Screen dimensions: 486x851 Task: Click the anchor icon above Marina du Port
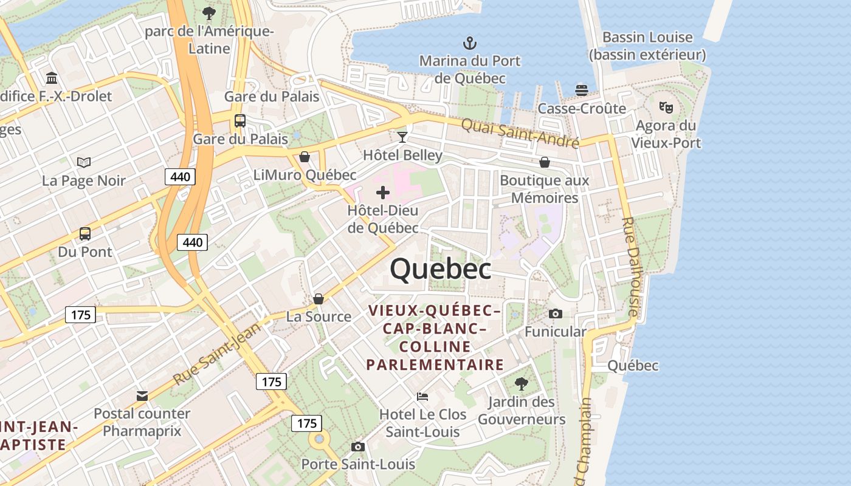click(469, 43)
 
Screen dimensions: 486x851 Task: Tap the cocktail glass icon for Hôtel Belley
click(402, 137)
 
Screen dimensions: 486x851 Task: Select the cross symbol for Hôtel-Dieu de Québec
click(383, 193)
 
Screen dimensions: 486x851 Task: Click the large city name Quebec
click(441, 269)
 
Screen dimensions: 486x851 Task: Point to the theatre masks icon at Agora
click(666, 108)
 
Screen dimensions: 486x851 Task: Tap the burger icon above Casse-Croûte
click(582, 91)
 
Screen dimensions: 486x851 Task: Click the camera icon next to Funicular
click(555, 313)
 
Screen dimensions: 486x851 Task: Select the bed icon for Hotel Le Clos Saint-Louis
click(422, 397)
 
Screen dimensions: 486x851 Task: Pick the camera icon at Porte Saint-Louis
click(358, 447)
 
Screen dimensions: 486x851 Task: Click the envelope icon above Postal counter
click(142, 396)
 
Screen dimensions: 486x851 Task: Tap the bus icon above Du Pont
click(85, 233)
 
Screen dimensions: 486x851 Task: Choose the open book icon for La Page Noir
click(84, 162)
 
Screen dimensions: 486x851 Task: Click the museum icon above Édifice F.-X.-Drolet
click(52, 78)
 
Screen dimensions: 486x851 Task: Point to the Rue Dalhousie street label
click(631, 267)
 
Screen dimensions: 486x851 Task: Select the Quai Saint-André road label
click(520, 133)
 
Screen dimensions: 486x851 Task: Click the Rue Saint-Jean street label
click(216, 354)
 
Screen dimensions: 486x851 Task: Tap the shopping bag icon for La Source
click(318, 299)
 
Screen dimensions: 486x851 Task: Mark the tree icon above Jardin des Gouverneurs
click(521, 384)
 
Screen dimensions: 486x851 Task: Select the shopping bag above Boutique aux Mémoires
click(545, 162)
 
